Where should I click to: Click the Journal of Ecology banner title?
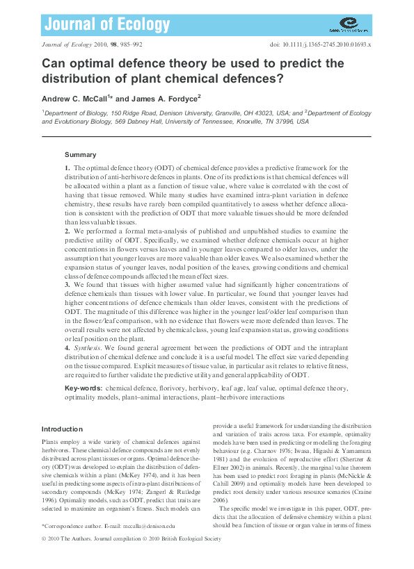[x=106, y=25]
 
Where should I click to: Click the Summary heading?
[x=80, y=154]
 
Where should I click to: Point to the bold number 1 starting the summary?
[x=67, y=168]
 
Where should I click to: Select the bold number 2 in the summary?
[x=67, y=229]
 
